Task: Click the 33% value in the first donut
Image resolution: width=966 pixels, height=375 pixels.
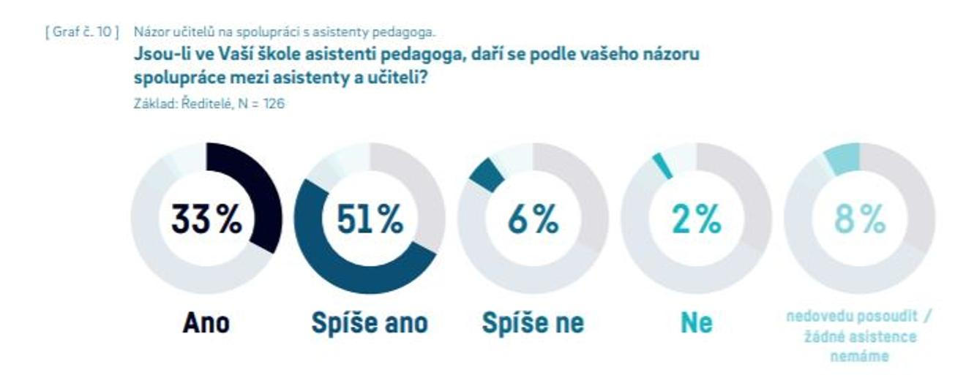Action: [206, 219]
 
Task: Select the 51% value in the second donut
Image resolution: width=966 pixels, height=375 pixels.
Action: [369, 219]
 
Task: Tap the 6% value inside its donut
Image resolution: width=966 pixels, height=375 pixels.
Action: [533, 219]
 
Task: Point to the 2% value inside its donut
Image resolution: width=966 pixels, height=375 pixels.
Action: [696, 219]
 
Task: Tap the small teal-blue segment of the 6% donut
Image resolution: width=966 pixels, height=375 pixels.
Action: [484, 174]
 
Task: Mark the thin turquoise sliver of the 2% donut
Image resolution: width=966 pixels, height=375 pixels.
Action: [663, 165]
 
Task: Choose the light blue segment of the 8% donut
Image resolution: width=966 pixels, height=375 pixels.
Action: [841, 158]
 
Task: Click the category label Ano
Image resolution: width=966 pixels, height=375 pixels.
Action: [206, 323]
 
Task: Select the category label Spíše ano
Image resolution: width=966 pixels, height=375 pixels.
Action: [369, 323]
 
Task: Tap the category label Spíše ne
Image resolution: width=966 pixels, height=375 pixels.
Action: [533, 323]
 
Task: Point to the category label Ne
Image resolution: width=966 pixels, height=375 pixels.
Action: [696, 323]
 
